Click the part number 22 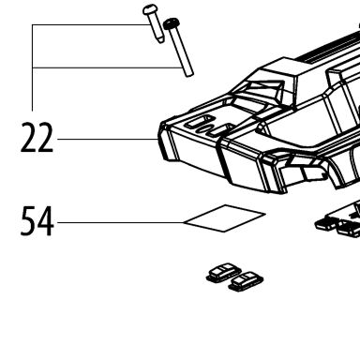pyautogui.click(x=37, y=138)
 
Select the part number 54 pyautogui.click(x=37, y=221)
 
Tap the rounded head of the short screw pyautogui.click(x=150, y=9)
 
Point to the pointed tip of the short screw pyautogui.click(x=161, y=41)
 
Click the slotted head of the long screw pyautogui.click(x=172, y=23)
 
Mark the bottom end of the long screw pyautogui.click(x=189, y=74)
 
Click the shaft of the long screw pyautogui.click(x=181, y=52)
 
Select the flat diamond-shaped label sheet pyautogui.click(x=224, y=218)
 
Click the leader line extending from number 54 pyautogui.click(x=121, y=223)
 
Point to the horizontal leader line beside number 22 pyautogui.click(x=108, y=139)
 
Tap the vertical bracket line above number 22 pyautogui.click(x=33, y=67)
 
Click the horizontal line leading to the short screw pyautogui.click(x=90, y=24)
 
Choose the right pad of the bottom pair pyautogui.click(x=246, y=281)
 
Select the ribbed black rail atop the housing pyautogui.click(x=328, y=47)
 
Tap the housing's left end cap pyautogui.click(x=165, y=141)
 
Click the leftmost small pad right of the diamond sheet pyautogui.click(x=326, y=224)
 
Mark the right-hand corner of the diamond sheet pyautogui.click(x=265, y=214)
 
